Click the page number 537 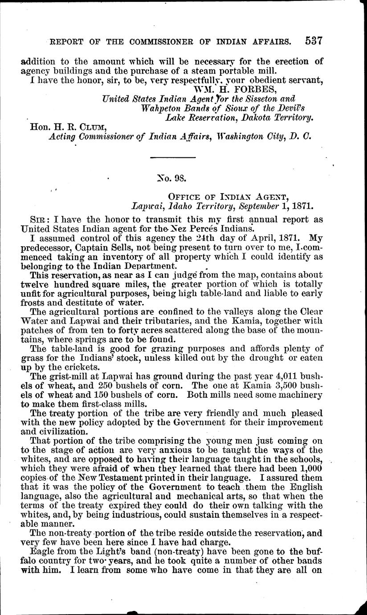click(x=313, y=41)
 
